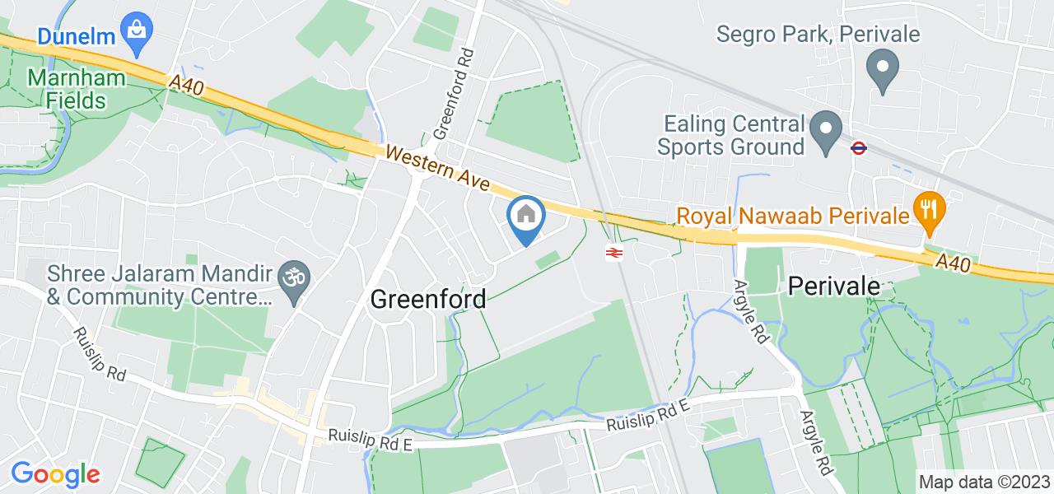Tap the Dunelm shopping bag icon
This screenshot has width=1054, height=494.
coord(133,31)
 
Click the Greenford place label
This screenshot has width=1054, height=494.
coord(427,299)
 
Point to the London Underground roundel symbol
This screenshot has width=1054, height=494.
coord(858,147)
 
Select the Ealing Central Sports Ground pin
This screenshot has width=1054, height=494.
coord(824,132)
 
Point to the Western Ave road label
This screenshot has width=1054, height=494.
coord(436,165)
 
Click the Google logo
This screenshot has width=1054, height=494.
coord(55,474)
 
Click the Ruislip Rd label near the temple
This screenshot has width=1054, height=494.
coord(99,355)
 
